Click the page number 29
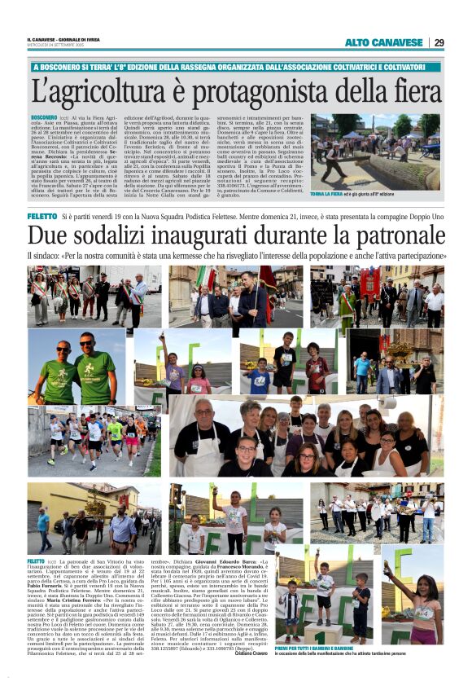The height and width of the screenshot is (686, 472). [x=439, y=42]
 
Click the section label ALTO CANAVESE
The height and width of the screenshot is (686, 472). [x=384, y=42]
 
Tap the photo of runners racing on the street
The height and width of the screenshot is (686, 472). [x=94, y=441]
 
